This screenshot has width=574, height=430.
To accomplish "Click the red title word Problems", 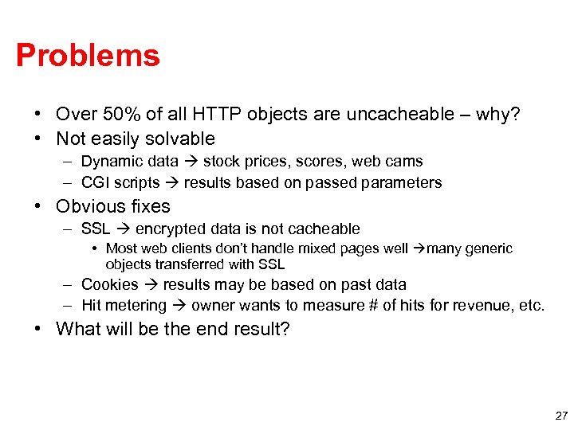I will point(88,56).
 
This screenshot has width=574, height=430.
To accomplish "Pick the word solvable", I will point(179,139).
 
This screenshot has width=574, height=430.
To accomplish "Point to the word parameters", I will point(403,182).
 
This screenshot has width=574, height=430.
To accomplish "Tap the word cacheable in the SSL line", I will point(327,229).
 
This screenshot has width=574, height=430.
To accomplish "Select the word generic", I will point(489,248).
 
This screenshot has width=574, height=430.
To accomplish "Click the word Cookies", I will point(110,284).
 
